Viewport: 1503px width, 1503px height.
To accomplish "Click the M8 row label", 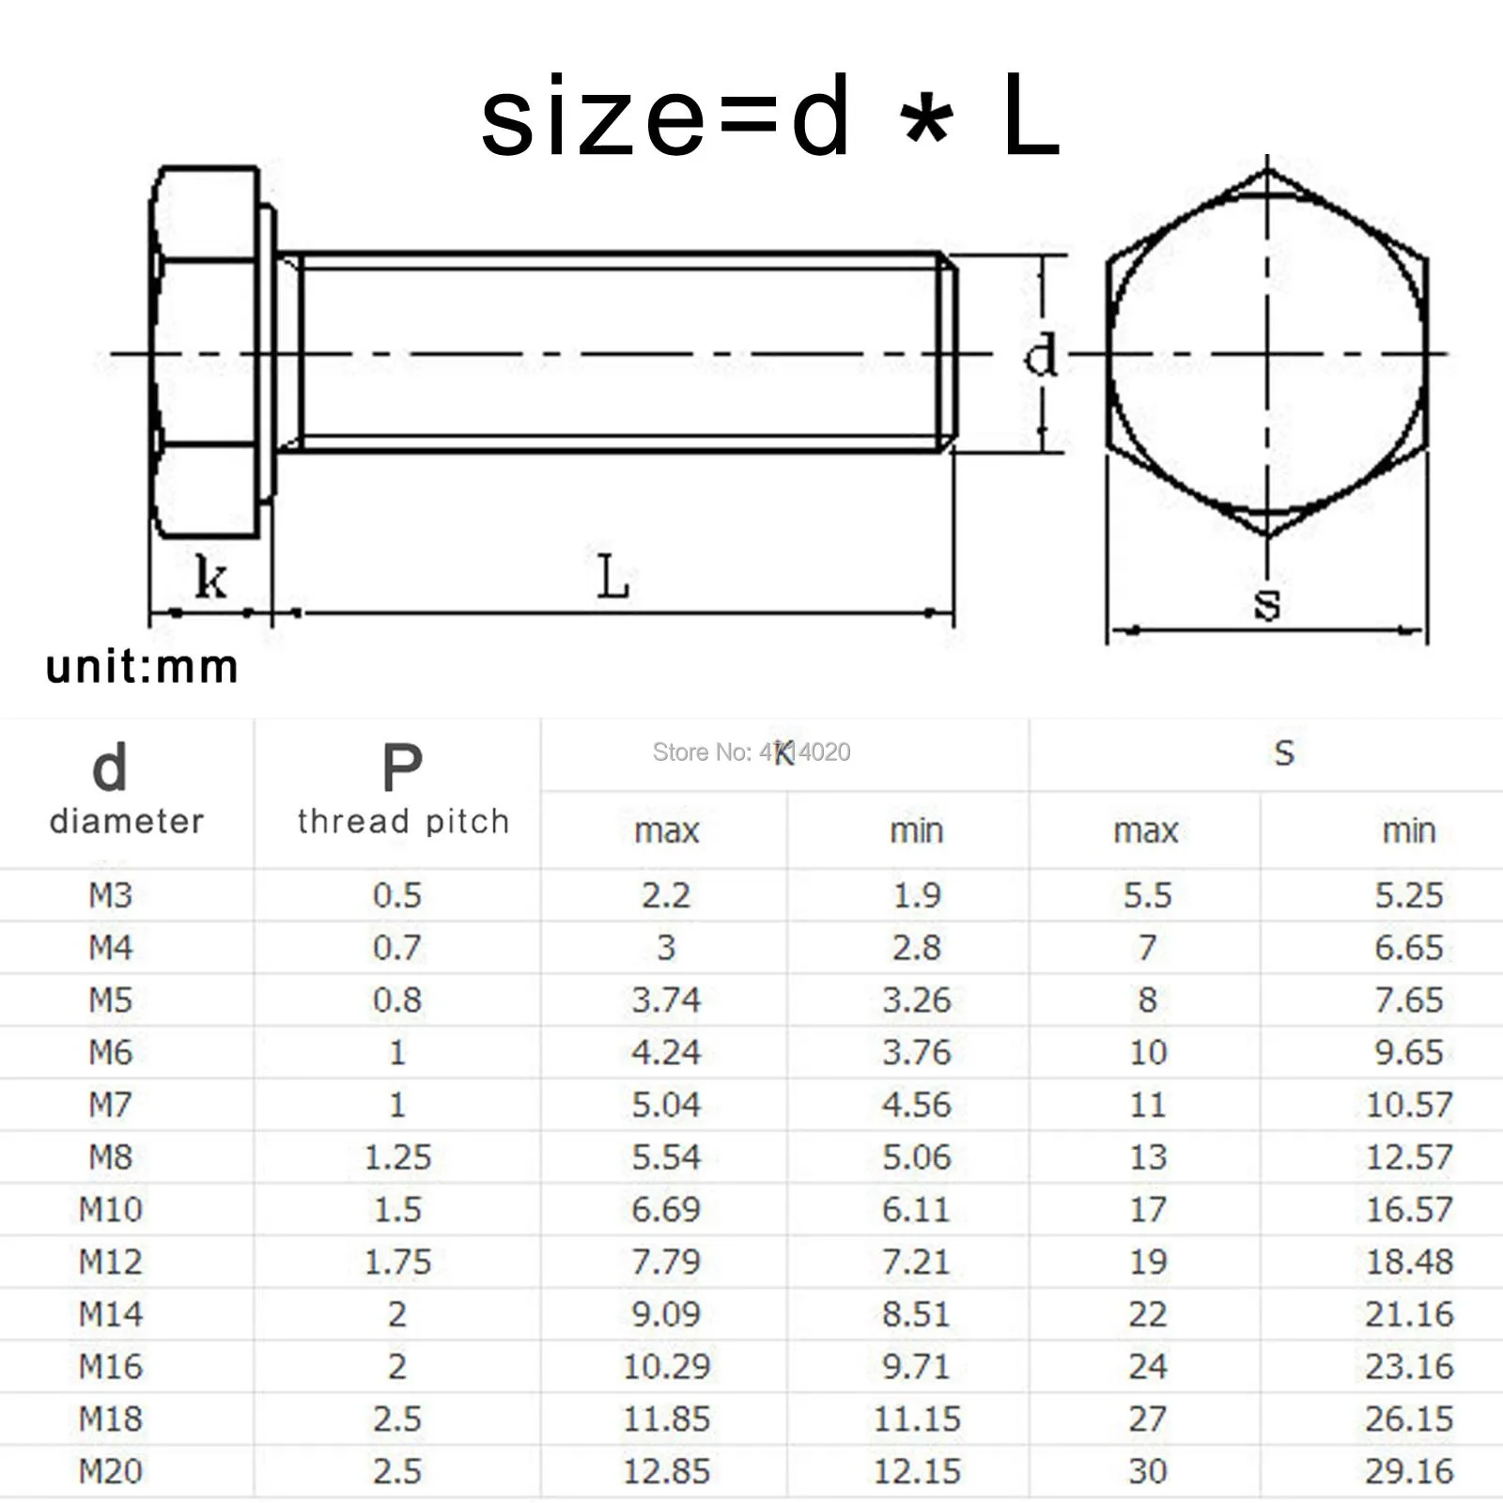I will point(110,1157).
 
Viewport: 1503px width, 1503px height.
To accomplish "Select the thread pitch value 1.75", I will point(397,1262).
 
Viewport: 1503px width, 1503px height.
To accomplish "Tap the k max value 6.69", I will point(666,1209).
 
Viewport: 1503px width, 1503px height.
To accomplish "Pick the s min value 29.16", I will point(1408,1471).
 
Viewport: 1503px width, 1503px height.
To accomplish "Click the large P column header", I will point(402,768).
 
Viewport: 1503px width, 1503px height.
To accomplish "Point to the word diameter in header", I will point(127,821).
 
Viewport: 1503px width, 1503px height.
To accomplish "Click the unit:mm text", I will point(142,667).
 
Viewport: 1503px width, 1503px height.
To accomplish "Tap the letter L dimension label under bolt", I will point(612,577).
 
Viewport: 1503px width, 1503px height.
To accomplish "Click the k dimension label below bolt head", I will point(210,577).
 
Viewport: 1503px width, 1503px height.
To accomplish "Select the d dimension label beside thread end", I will point(1040,356).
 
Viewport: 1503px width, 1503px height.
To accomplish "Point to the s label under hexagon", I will point(1267,603).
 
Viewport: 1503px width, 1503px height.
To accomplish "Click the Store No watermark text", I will point(751,751).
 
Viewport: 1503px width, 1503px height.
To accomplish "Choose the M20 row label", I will point(110,1471).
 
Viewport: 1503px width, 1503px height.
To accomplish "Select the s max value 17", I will point(1148,1209).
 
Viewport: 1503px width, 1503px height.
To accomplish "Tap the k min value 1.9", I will point(917,895).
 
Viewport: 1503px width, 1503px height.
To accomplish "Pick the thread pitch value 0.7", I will point(397,948).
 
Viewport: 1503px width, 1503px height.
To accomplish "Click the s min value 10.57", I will point(1408,1105).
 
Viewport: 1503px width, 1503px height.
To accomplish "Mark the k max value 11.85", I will point(666,1418).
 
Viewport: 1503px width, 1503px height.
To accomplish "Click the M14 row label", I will point(110,1314).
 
